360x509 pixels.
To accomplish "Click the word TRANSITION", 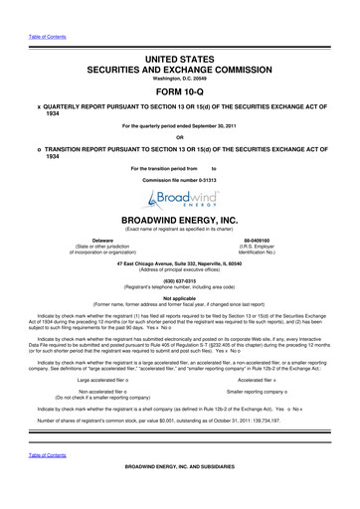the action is [x=70, y=148].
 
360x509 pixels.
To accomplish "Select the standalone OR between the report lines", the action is [x=179, y=137].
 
